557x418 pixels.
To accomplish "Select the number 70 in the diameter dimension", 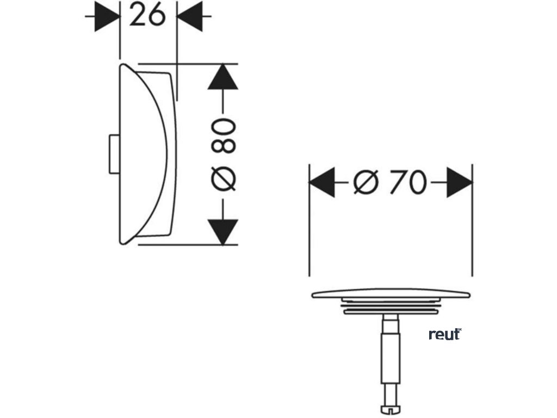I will click(407, 182).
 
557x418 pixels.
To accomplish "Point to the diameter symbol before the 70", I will click(365, 182).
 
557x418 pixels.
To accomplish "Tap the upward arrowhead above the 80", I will click(223, 77).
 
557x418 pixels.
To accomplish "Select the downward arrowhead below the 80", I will click(223, 231).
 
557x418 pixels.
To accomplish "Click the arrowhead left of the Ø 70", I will click(322, 182).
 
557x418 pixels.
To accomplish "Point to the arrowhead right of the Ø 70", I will click(460, 182).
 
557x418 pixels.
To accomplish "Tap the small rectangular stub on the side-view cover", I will click(114, 155).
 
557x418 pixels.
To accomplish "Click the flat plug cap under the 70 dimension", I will click(391, 294).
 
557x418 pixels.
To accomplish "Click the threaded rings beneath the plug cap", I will click(390, 309).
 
